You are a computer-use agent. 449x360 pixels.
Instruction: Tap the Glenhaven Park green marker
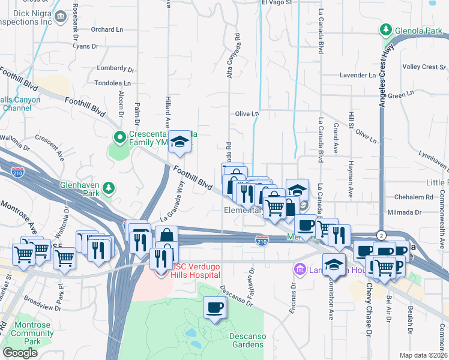(108, 188)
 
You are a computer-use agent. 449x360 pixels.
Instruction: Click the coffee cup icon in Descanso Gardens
(215, 308)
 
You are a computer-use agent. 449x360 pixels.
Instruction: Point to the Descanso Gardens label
(247, 340)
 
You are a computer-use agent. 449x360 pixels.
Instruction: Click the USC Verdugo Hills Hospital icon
(161, 271)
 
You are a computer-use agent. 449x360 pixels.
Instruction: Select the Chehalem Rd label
(414, 197)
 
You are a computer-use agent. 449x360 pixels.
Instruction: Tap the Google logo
(20, 352)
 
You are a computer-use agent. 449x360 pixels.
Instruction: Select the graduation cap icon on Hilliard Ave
(178, 142)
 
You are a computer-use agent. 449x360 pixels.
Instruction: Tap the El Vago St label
(276, 2)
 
